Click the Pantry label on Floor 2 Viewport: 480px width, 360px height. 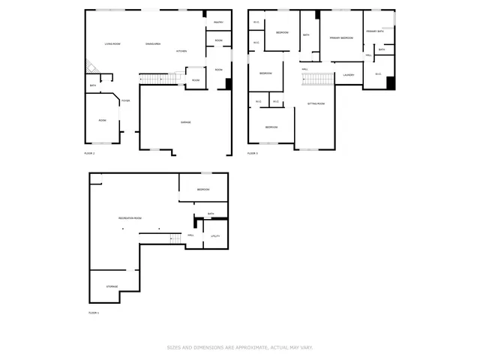pos(218,22)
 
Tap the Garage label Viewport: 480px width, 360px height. pos(185,122)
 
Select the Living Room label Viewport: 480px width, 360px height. pos(114,44)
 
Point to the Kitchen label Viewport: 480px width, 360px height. pos(181,51)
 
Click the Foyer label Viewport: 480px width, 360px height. pos(126,100)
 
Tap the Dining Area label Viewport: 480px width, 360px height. pos(153,44)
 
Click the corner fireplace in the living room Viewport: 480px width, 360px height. pos(90,67)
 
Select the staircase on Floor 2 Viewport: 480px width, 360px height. pos(153,79)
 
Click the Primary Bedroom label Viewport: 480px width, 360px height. pos(341,37)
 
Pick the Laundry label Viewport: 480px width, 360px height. pos(348,75)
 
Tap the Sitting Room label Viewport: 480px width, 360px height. pos(316,103)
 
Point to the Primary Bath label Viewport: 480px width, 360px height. pos(374,31)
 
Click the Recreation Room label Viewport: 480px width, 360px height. pos(130,218)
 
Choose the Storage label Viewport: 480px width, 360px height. pos(111,286)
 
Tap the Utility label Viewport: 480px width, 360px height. pos(214,236)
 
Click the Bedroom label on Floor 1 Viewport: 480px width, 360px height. pos(203,190)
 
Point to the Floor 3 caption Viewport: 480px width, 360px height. pos(253,153)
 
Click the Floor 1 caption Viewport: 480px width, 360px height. pos(93,312)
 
